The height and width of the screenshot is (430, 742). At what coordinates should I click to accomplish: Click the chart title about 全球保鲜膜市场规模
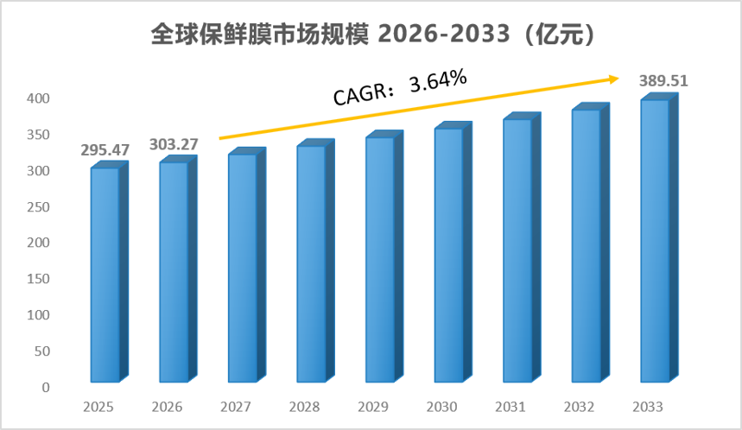pos(372,35)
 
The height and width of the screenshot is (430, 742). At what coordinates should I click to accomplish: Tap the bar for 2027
pos(247,265)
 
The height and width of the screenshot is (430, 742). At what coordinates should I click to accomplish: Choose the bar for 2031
pos(522,248)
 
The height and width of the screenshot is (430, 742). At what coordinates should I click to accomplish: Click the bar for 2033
pos(660,238)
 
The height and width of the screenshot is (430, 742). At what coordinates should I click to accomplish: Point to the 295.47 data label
pos(105,150)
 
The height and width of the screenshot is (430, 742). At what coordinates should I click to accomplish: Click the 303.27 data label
pos(174,144)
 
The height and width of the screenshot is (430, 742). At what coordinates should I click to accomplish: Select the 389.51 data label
pos(663,81)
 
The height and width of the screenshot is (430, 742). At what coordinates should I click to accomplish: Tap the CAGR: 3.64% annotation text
pos(400,87)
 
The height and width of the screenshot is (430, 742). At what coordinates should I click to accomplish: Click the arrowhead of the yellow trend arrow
pos(614,79)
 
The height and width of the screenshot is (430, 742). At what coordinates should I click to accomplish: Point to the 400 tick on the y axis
pos(38,98)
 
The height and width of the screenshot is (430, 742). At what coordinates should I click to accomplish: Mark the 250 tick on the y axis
pos(38,206)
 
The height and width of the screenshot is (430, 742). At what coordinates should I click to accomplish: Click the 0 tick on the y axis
pos(46,388)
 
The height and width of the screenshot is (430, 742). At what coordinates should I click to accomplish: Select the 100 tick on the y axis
pos(38,315)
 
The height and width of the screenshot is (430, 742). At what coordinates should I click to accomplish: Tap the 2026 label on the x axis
pos(167,407)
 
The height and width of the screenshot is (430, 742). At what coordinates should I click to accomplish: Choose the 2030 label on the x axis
pos(442,407)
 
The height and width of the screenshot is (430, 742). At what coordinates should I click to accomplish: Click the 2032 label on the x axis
pos(580,407)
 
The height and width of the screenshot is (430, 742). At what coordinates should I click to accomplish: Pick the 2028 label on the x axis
pos(304,407)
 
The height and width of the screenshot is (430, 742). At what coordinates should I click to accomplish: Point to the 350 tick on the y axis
pos(38,135)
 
